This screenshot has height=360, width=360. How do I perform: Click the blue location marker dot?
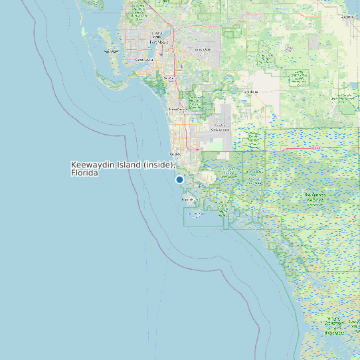click(x=179, y=179)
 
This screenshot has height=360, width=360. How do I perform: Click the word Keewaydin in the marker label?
click(x=93, y=165)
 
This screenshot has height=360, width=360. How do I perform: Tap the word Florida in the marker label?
click(x=84, y=173)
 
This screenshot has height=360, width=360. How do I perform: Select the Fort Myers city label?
click(x=159, y=41)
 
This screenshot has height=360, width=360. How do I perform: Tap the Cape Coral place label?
click(x=144, y=59)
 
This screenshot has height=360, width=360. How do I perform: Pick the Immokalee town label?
click(x=250, y=92)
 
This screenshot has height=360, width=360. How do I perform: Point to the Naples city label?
click(x=176, y=154)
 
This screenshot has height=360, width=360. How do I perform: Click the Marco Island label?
click(x=191, y=199)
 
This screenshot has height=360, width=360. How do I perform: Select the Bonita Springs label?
click(x=177, y=109)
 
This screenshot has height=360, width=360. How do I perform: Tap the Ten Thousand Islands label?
click(x=197, y=214)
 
